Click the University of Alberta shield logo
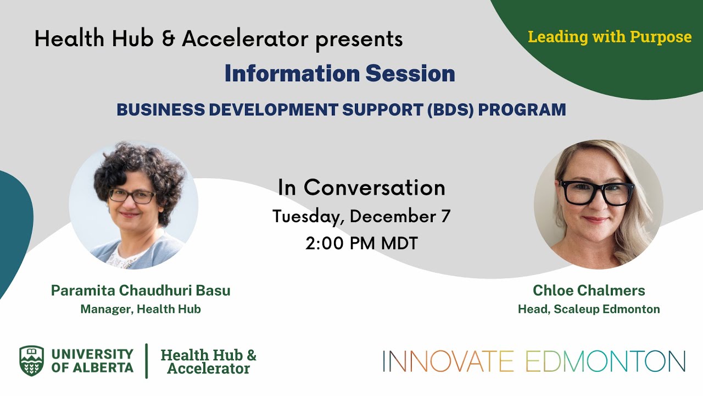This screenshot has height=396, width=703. coord(31,361)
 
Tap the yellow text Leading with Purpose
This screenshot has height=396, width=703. coord(610,37)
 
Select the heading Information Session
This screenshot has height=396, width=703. coord(339,74)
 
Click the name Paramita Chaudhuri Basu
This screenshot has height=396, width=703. coord(141,290)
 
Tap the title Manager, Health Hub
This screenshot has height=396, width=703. coord(141,309)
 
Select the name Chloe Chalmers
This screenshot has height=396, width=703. coord(589,290)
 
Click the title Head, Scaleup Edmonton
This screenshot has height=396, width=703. coord(589,309)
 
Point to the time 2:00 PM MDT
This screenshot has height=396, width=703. coord(361,243)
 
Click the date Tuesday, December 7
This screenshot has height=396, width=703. coord(361,216)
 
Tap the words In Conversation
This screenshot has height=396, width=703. coord(361,188)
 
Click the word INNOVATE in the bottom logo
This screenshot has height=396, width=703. coord(448,361)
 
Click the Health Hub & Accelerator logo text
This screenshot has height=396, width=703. coord(208,361)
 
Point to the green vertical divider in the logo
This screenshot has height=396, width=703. coord(147,361)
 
